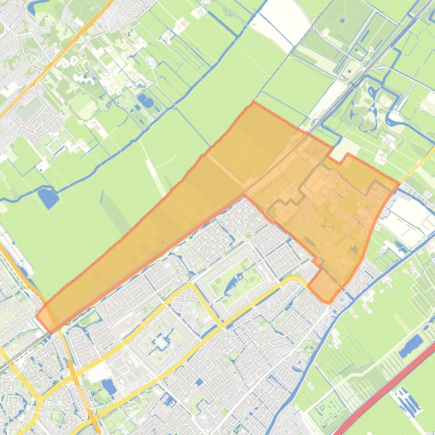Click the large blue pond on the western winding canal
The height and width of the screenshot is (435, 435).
[48, 197]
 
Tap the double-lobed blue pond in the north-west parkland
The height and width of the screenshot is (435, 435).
[145, 102]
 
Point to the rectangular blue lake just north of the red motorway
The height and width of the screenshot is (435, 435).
[411, 345]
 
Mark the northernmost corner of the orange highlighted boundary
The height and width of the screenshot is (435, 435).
[253, 103]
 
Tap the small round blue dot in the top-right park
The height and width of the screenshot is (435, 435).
[342, 21]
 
